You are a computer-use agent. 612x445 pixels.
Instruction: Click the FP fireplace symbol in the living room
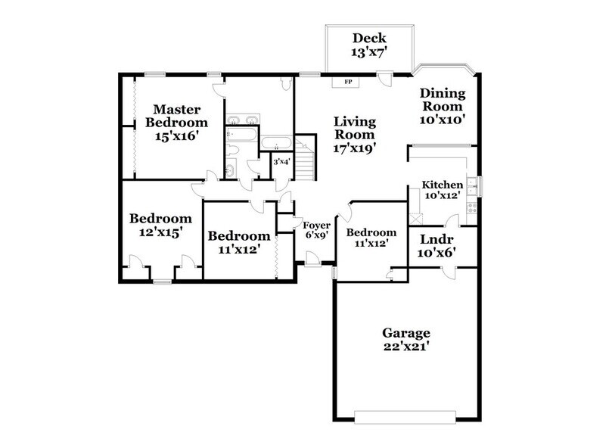pyautogui.click(x=347, y=82)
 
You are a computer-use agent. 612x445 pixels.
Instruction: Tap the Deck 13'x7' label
pyautogui.click(x=369, y=45)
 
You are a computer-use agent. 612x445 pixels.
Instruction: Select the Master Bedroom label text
pyautogui.click(x=176, y=122)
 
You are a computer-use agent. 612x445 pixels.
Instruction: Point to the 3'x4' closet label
pyautogui.click(x=281, y=162)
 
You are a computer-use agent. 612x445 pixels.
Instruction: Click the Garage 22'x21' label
pyautogui.click(x=405, y=340)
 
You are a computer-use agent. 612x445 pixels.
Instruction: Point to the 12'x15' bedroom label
pyautogui.click(x=155, y=225)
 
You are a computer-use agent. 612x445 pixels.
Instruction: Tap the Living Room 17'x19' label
pyautogui.click(x=356, y=134)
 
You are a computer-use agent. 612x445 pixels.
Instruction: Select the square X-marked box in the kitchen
pyautogui.click(x=415, y=217)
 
